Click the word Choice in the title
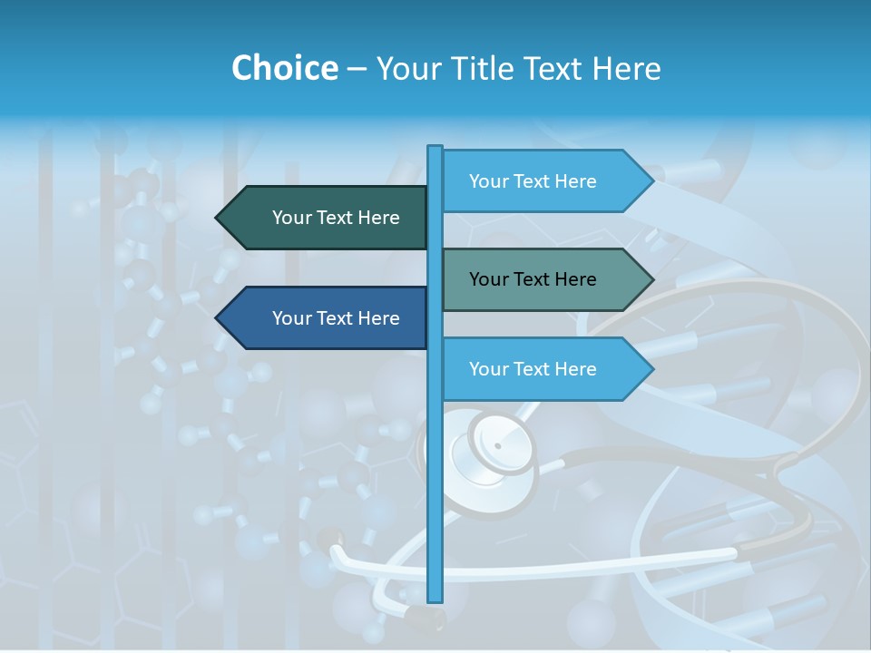284,68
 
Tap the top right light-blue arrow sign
544,181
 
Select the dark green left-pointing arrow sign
327,218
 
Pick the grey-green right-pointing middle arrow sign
544,279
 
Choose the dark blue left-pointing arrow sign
327,318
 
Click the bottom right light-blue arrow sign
544,369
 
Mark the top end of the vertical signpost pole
435,148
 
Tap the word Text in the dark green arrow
336,218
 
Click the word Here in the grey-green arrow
573,279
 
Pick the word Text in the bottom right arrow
533,369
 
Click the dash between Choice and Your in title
357,69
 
